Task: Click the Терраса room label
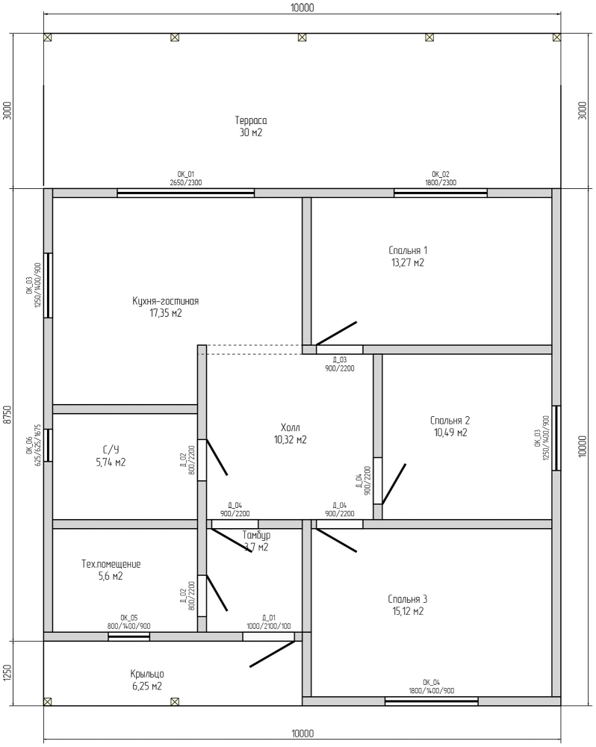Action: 251,120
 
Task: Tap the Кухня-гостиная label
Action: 165,301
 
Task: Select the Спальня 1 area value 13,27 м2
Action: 408,262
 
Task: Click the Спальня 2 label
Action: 450,420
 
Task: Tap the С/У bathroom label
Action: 111,450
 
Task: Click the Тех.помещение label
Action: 111,564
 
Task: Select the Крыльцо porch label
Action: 147,674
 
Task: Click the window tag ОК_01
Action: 186,174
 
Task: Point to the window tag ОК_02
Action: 441,174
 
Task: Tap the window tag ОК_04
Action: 431,682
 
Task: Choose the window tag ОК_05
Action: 129,618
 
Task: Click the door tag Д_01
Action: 269,618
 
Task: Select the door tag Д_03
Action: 340,360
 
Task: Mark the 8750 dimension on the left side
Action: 7,415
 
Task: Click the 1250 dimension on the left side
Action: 7,673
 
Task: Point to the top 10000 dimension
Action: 302,7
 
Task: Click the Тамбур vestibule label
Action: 256,535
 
